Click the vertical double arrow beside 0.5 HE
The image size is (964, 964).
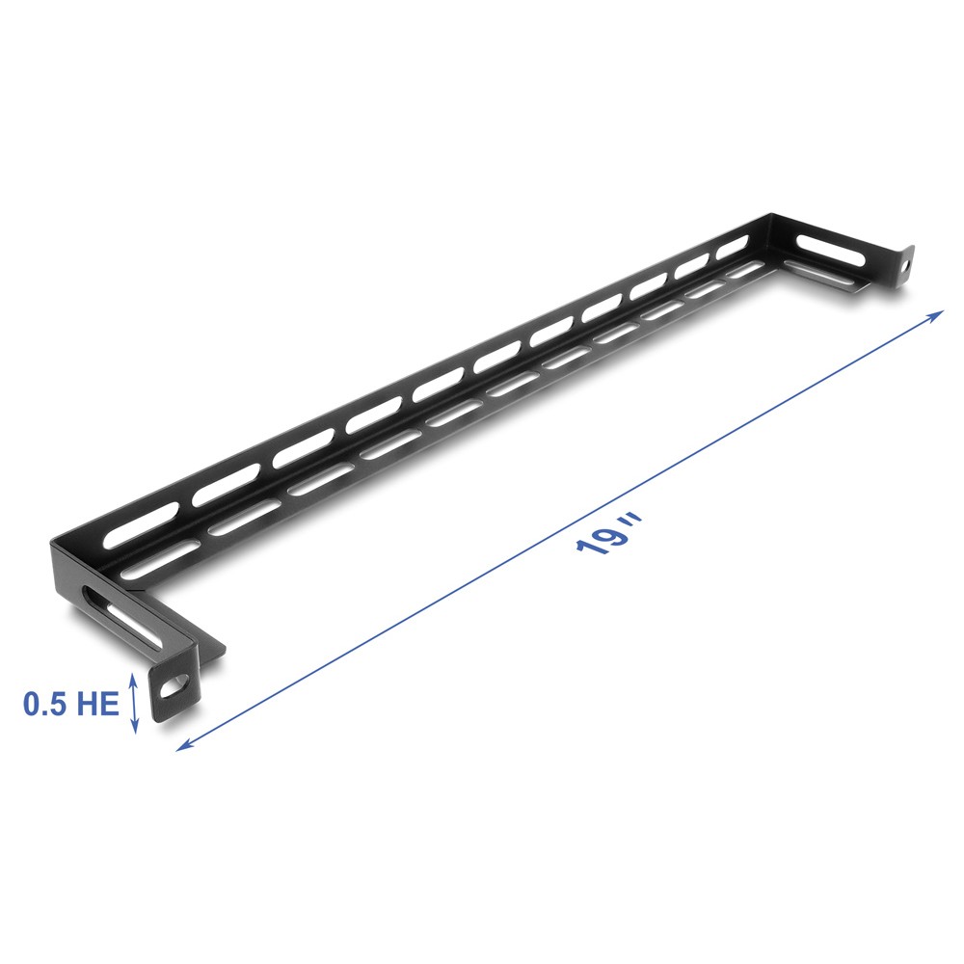pyautogui.click(x=134, y=703)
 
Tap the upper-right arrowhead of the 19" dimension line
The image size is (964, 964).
pyautogui.click(x=936, y=314)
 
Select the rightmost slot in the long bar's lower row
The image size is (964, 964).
pyautogui.click(x=742, y=272)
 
